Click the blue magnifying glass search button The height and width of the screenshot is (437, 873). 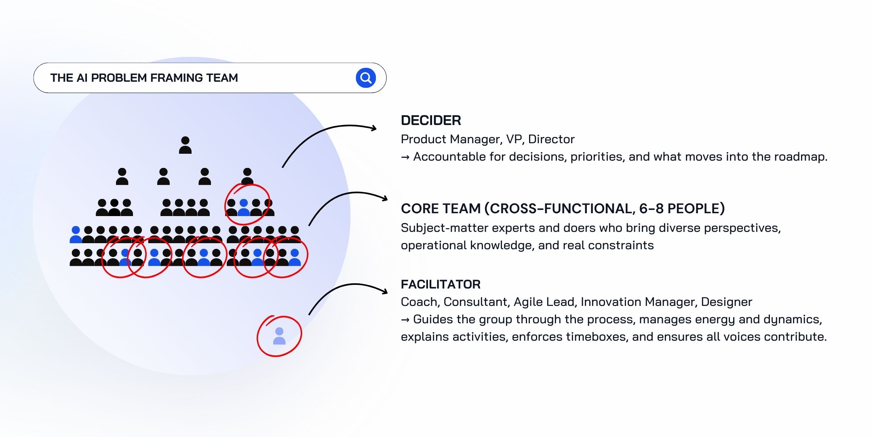366,78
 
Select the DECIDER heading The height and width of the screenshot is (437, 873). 431,120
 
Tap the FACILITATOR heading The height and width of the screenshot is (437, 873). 441,284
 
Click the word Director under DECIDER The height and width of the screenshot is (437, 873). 551,139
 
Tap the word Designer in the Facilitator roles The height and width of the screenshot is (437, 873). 726,302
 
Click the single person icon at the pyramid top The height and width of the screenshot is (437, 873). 185,145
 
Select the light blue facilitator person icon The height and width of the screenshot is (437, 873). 279,336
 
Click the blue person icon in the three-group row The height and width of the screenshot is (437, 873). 244,208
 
